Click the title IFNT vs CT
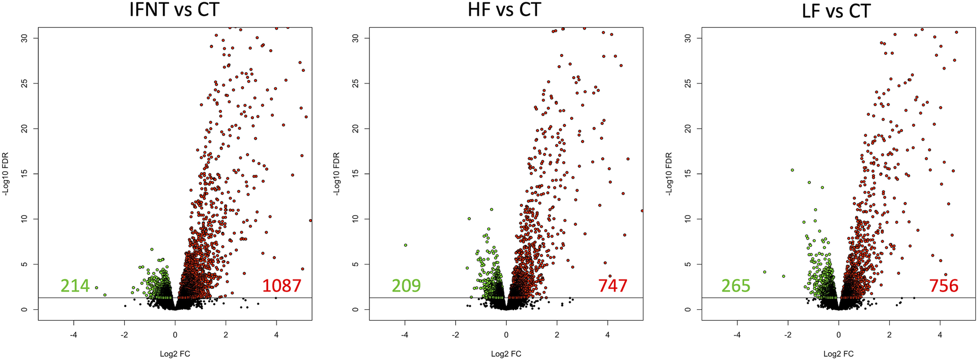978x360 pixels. click(174, 10)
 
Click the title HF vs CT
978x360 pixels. click(504, 10)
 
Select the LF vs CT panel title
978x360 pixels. click(836, 10)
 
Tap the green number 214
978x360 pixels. click(75, 285)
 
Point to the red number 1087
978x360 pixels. click(281, 285)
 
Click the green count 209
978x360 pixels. click(406, 285)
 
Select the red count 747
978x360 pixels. click(613, 285)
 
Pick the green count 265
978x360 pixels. click(736, 285)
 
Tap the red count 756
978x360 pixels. click(943, 285)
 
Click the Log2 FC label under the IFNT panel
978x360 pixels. click(175, 353)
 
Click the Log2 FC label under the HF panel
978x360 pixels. click(506, 353)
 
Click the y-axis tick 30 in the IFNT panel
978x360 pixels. click(24, 38)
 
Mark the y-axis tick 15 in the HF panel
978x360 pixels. click(355, 174)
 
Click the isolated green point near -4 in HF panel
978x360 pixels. click(406, 245)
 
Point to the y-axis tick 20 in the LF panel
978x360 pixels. click(688, 129)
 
